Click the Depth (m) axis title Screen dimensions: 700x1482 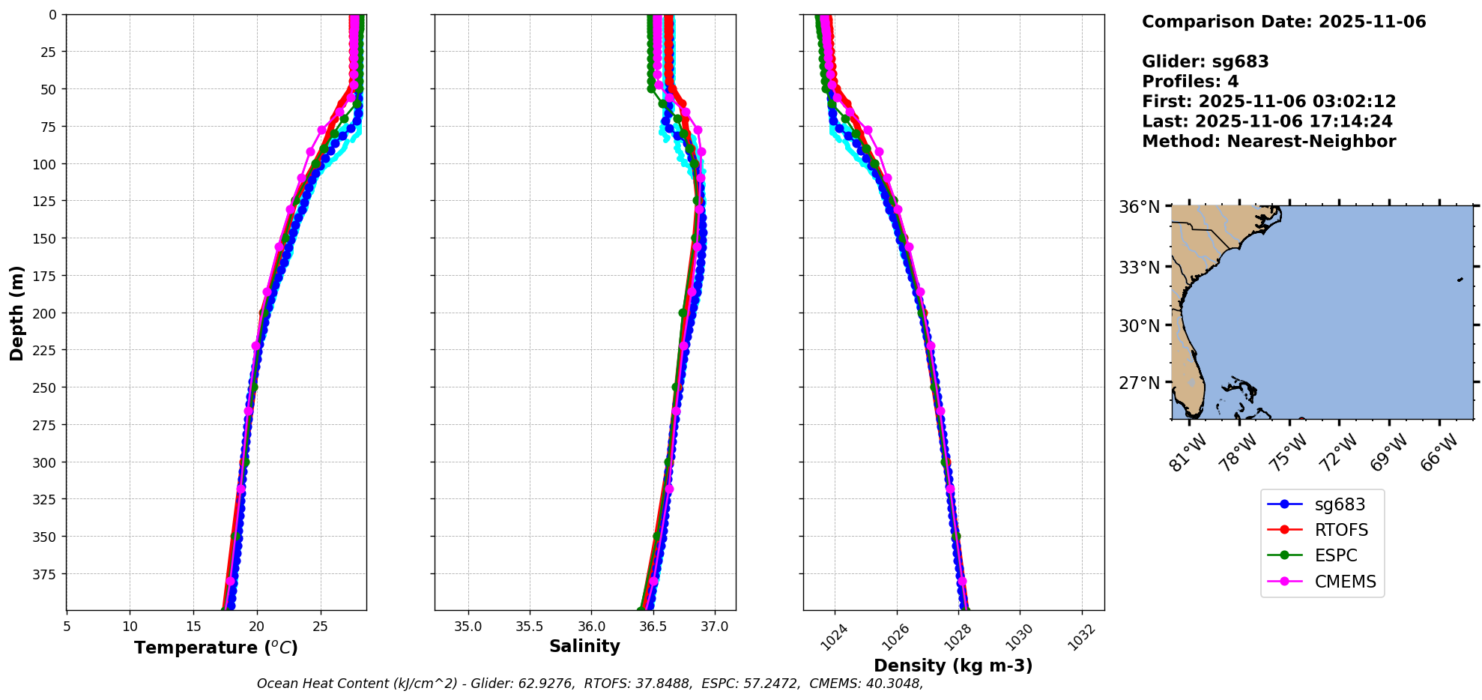[x=16, y=313]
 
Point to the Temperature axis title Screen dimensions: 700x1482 [x=216, y=648]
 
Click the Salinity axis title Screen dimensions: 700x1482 [x=584, y=646]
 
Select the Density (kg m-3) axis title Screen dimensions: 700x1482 [x=953, y=666]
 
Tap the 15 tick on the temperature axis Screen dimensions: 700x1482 [x=193, y=627]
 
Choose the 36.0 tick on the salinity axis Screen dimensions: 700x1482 [x=591, y=627]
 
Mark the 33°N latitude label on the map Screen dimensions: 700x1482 [x=1139, y=268]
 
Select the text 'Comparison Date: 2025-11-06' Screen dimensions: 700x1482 [x=1283, y=22]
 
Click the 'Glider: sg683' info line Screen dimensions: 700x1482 [x=1205, y=61]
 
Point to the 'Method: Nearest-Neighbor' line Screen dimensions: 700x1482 [x=1268, y=142]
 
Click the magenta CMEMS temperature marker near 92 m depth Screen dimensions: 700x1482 [x=310, y=151]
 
